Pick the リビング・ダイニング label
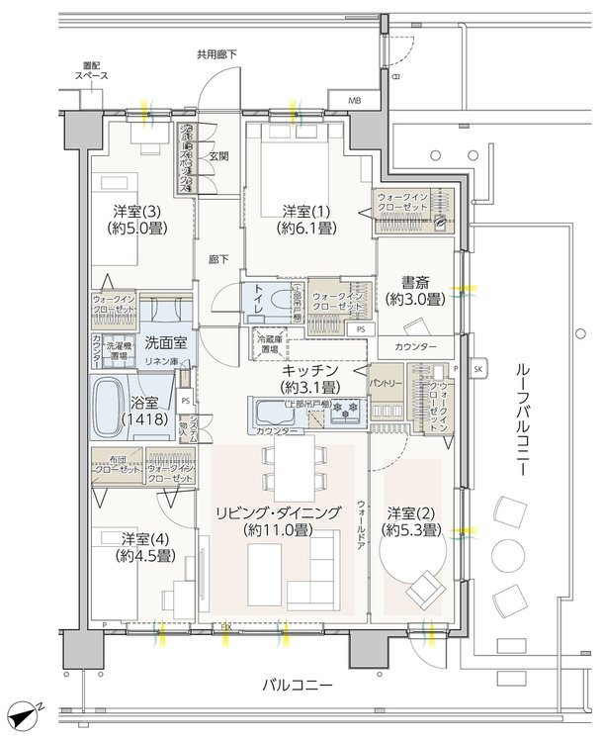(x=279, y=512)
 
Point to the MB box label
(x=354, y=101)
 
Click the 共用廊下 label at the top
(x=215, y=55)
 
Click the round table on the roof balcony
(x=512, y=554)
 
